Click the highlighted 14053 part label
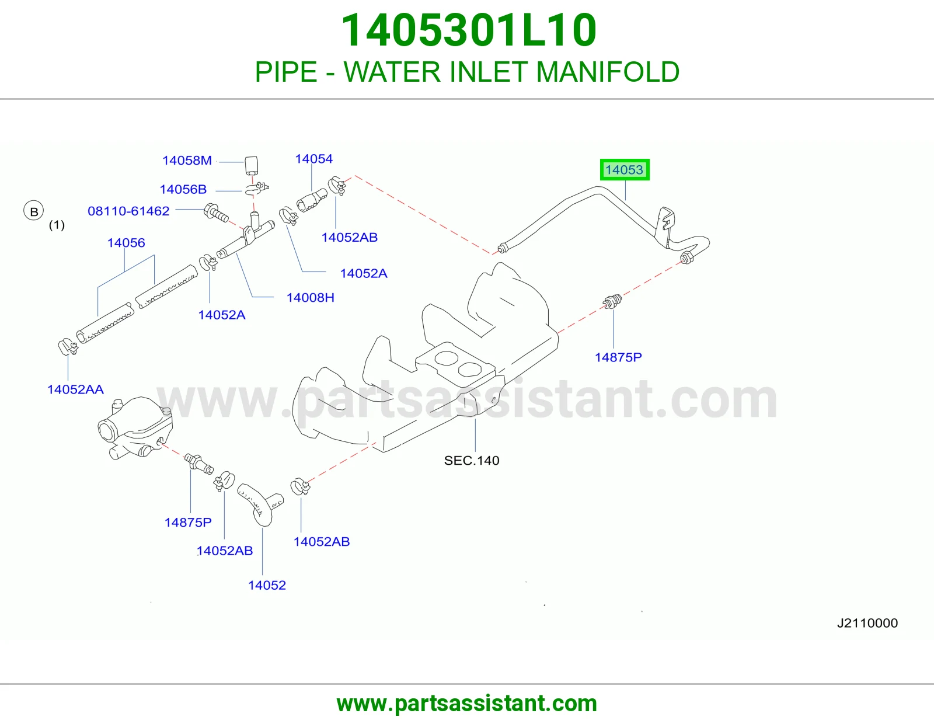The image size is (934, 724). point(624,170)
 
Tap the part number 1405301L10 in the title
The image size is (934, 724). point(468,30)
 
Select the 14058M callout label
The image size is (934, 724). point(187,161)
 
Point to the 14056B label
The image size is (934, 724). point(183,189)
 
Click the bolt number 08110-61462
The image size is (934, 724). point(128,211)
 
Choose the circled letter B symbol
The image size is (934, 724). point(33,211)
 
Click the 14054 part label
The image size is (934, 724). point(314,159)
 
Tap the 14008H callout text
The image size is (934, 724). point(311,298)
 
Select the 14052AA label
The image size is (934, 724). point(76,389)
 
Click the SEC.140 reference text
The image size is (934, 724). point(472,461)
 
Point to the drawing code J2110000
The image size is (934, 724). point(867,623)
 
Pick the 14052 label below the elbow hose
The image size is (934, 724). point(267,585)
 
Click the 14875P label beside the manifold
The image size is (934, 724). point(618,357)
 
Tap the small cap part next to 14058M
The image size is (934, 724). point(252,165)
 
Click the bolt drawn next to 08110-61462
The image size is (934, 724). point(216,213)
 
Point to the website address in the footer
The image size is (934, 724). point(467,704)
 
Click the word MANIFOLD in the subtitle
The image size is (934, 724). point(608,72)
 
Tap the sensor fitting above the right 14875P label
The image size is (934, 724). point(612,301)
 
